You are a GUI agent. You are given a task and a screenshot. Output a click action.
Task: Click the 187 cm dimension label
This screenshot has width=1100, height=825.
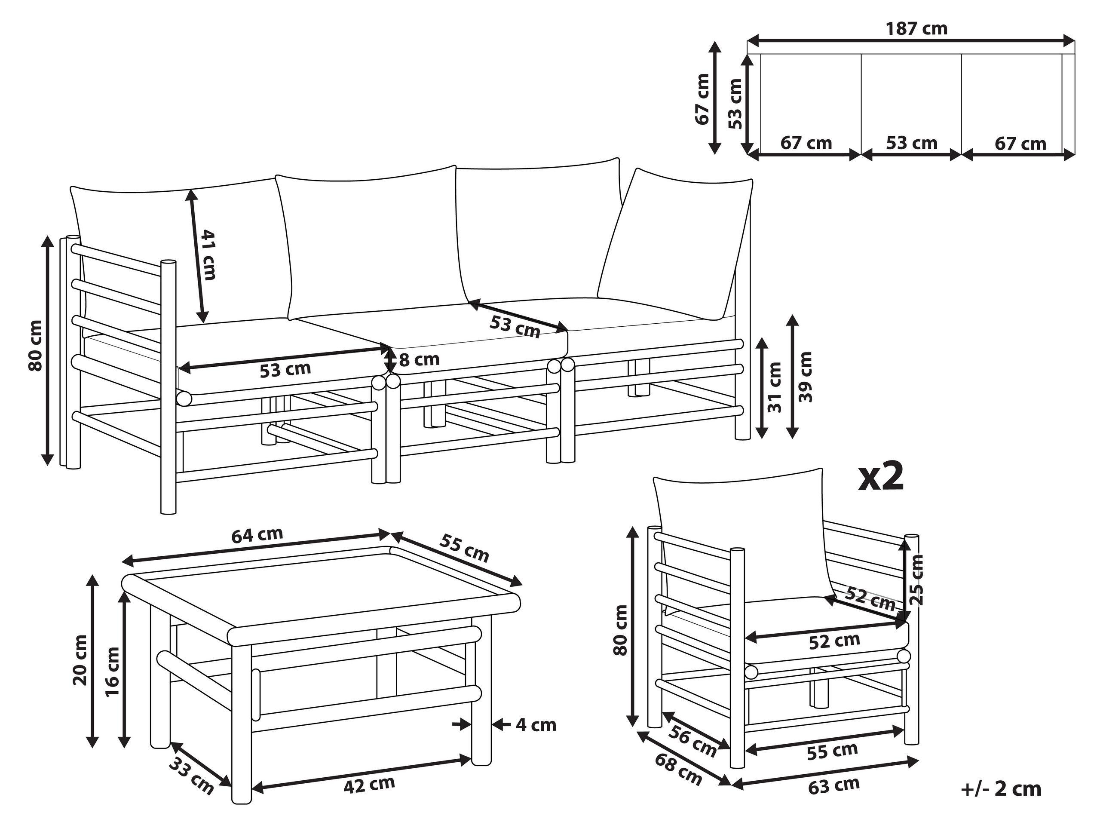click(916, 29)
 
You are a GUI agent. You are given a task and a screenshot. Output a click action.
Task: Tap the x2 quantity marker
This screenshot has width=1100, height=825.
click(881, 477)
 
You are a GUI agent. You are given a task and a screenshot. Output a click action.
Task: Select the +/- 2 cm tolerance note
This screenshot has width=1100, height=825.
click(1001, 789)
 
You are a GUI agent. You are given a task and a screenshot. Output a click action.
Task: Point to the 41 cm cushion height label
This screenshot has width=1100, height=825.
click(208, 255)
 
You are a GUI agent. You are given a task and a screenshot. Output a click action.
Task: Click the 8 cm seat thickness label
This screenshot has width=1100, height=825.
click(419, 359)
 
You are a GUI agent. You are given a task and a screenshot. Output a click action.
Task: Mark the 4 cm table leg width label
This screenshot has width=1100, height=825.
click(536, 725)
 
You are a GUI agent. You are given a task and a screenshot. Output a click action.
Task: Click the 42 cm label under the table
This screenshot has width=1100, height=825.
click(369, 785)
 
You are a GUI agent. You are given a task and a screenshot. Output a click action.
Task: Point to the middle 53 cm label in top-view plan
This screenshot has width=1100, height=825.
click(912, 143)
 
